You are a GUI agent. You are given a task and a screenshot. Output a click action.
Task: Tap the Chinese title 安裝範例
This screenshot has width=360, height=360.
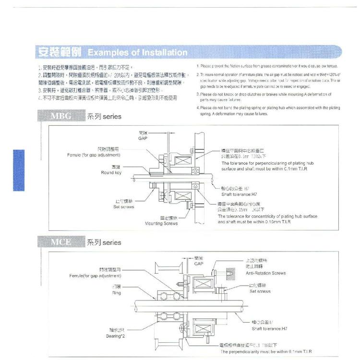pyautogui.click(x=60, y=51)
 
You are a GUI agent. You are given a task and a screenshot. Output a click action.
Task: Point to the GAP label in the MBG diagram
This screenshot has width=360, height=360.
pyautogui.click(x=143, y=137)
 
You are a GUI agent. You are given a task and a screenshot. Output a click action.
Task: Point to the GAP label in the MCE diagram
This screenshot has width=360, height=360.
pyautogui.click(x=199, y=264)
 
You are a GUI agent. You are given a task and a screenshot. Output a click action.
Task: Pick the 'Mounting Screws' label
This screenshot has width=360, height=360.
pyautogui.click(x=161, y=223)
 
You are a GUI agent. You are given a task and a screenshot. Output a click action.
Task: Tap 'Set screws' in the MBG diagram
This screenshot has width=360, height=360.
pyautogui.click(x=123, y=207)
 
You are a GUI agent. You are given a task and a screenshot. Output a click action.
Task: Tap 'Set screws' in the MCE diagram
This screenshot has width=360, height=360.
pyautogui.click(x=260, y=291)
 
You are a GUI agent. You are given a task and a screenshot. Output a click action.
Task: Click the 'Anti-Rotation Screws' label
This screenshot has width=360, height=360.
pyautogui.click(x=265, y=273)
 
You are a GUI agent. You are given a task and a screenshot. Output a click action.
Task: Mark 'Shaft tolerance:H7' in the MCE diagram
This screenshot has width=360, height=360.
pyautogui.click(x=269, y=329)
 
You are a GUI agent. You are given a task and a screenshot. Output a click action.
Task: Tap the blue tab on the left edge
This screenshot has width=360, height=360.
pyautogui.click(x=18, y=170)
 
